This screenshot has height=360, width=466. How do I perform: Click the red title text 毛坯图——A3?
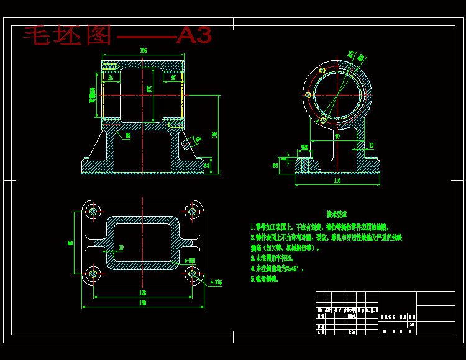118,35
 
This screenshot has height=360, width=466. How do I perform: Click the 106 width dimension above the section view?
144,50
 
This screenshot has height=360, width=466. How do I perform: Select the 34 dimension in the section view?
111,78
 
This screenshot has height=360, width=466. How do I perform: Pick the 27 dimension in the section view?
173,78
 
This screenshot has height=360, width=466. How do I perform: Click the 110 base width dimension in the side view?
337,181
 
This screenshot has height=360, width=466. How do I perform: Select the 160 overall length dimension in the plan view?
142,303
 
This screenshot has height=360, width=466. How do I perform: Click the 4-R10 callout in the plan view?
190,261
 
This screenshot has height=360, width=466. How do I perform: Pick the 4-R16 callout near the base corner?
216,282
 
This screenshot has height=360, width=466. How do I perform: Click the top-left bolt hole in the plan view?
94,212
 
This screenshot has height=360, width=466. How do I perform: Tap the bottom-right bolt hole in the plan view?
191,274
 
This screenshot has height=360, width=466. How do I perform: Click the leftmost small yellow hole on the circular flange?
308,96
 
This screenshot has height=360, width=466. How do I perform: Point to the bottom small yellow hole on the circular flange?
324,120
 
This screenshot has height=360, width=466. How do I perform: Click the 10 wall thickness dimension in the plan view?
121,247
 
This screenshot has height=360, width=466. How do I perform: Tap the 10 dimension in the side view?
372,145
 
